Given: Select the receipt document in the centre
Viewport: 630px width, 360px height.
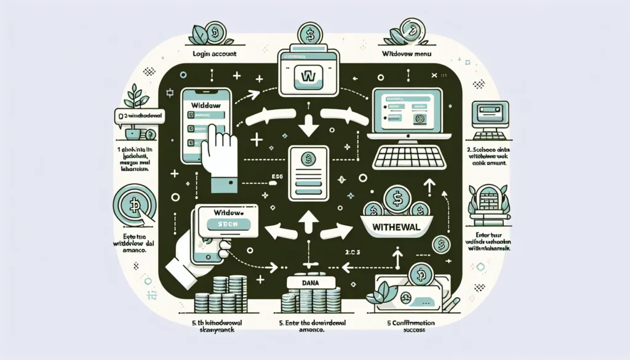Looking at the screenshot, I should click(309, 170).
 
